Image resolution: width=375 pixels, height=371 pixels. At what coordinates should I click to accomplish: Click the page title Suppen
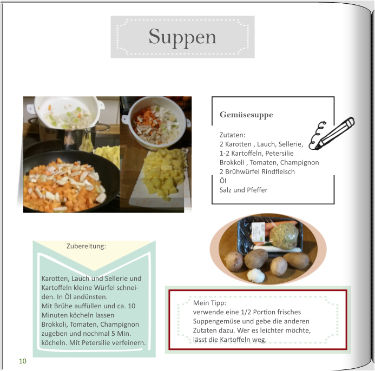tap(182, 37)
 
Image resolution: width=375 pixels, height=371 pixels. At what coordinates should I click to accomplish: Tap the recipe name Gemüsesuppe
tap(246, 115)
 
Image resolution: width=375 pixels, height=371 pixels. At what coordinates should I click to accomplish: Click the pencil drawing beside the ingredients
tap(332, 134)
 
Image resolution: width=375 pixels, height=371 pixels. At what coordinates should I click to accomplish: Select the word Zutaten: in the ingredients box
tap(232, 135)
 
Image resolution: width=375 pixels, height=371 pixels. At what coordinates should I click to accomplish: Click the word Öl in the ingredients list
tap(223, 181)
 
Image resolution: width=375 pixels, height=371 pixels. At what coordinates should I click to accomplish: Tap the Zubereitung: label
tap(86, 246)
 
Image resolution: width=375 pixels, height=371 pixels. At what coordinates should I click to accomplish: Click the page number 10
tap(23, 361)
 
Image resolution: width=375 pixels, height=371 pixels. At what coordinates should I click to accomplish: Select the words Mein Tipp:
tap(209, 303)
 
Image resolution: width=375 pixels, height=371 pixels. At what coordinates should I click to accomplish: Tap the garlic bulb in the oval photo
tap(256, 275)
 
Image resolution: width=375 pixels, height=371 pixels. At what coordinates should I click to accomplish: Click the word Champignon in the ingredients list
tap(299, 163)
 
